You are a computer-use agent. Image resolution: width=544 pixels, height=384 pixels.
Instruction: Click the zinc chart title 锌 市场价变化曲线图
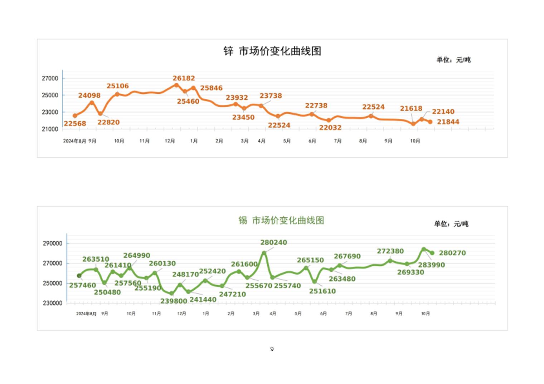point(272,51)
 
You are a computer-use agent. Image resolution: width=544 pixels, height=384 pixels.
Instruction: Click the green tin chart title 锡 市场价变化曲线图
point(281,220)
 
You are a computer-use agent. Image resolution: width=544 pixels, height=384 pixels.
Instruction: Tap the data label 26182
point(184,78)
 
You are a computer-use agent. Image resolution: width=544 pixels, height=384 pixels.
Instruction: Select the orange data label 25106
point(117,86)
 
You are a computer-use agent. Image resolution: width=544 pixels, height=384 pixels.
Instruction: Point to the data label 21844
point(448,122)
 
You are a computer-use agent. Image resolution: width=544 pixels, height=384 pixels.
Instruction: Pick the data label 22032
point(330,128)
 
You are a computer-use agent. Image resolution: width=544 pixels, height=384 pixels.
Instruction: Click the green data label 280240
point(273,242)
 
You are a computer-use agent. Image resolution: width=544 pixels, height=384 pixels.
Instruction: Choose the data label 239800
point(174,301)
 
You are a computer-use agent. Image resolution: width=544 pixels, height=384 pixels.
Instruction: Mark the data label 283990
point(431,265)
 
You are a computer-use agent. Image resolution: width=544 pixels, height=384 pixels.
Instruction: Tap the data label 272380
point(390,251)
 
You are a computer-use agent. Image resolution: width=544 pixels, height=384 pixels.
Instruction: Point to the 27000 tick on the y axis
point(50,78)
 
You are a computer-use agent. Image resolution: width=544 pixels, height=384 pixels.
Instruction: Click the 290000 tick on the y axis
point(52,243)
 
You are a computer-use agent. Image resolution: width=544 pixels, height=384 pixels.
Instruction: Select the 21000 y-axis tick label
point(50,129)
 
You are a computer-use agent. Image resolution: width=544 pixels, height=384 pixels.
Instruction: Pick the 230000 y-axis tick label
point(52,303)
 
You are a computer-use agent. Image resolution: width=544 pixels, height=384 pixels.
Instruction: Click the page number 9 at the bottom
point(272,349)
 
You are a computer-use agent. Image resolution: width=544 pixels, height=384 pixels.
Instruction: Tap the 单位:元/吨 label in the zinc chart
point(453,60)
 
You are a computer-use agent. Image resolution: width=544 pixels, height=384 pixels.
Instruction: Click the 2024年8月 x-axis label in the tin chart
point(86,314)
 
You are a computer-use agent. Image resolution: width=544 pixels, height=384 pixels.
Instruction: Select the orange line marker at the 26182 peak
point(176,85)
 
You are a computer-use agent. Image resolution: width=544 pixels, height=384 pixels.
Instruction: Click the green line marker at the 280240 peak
point(264,253)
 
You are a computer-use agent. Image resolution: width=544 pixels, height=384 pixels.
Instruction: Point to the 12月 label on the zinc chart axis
point(170,141)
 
